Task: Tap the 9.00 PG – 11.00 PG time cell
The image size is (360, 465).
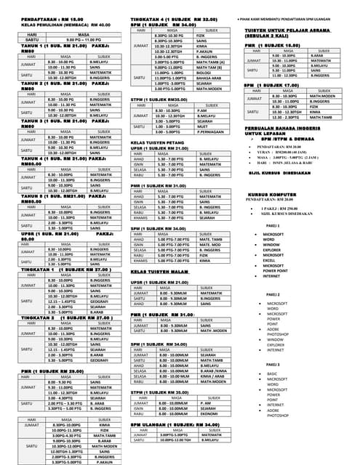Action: [x=73, y=39]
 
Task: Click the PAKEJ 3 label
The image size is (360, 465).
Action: [x=273, y=364]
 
